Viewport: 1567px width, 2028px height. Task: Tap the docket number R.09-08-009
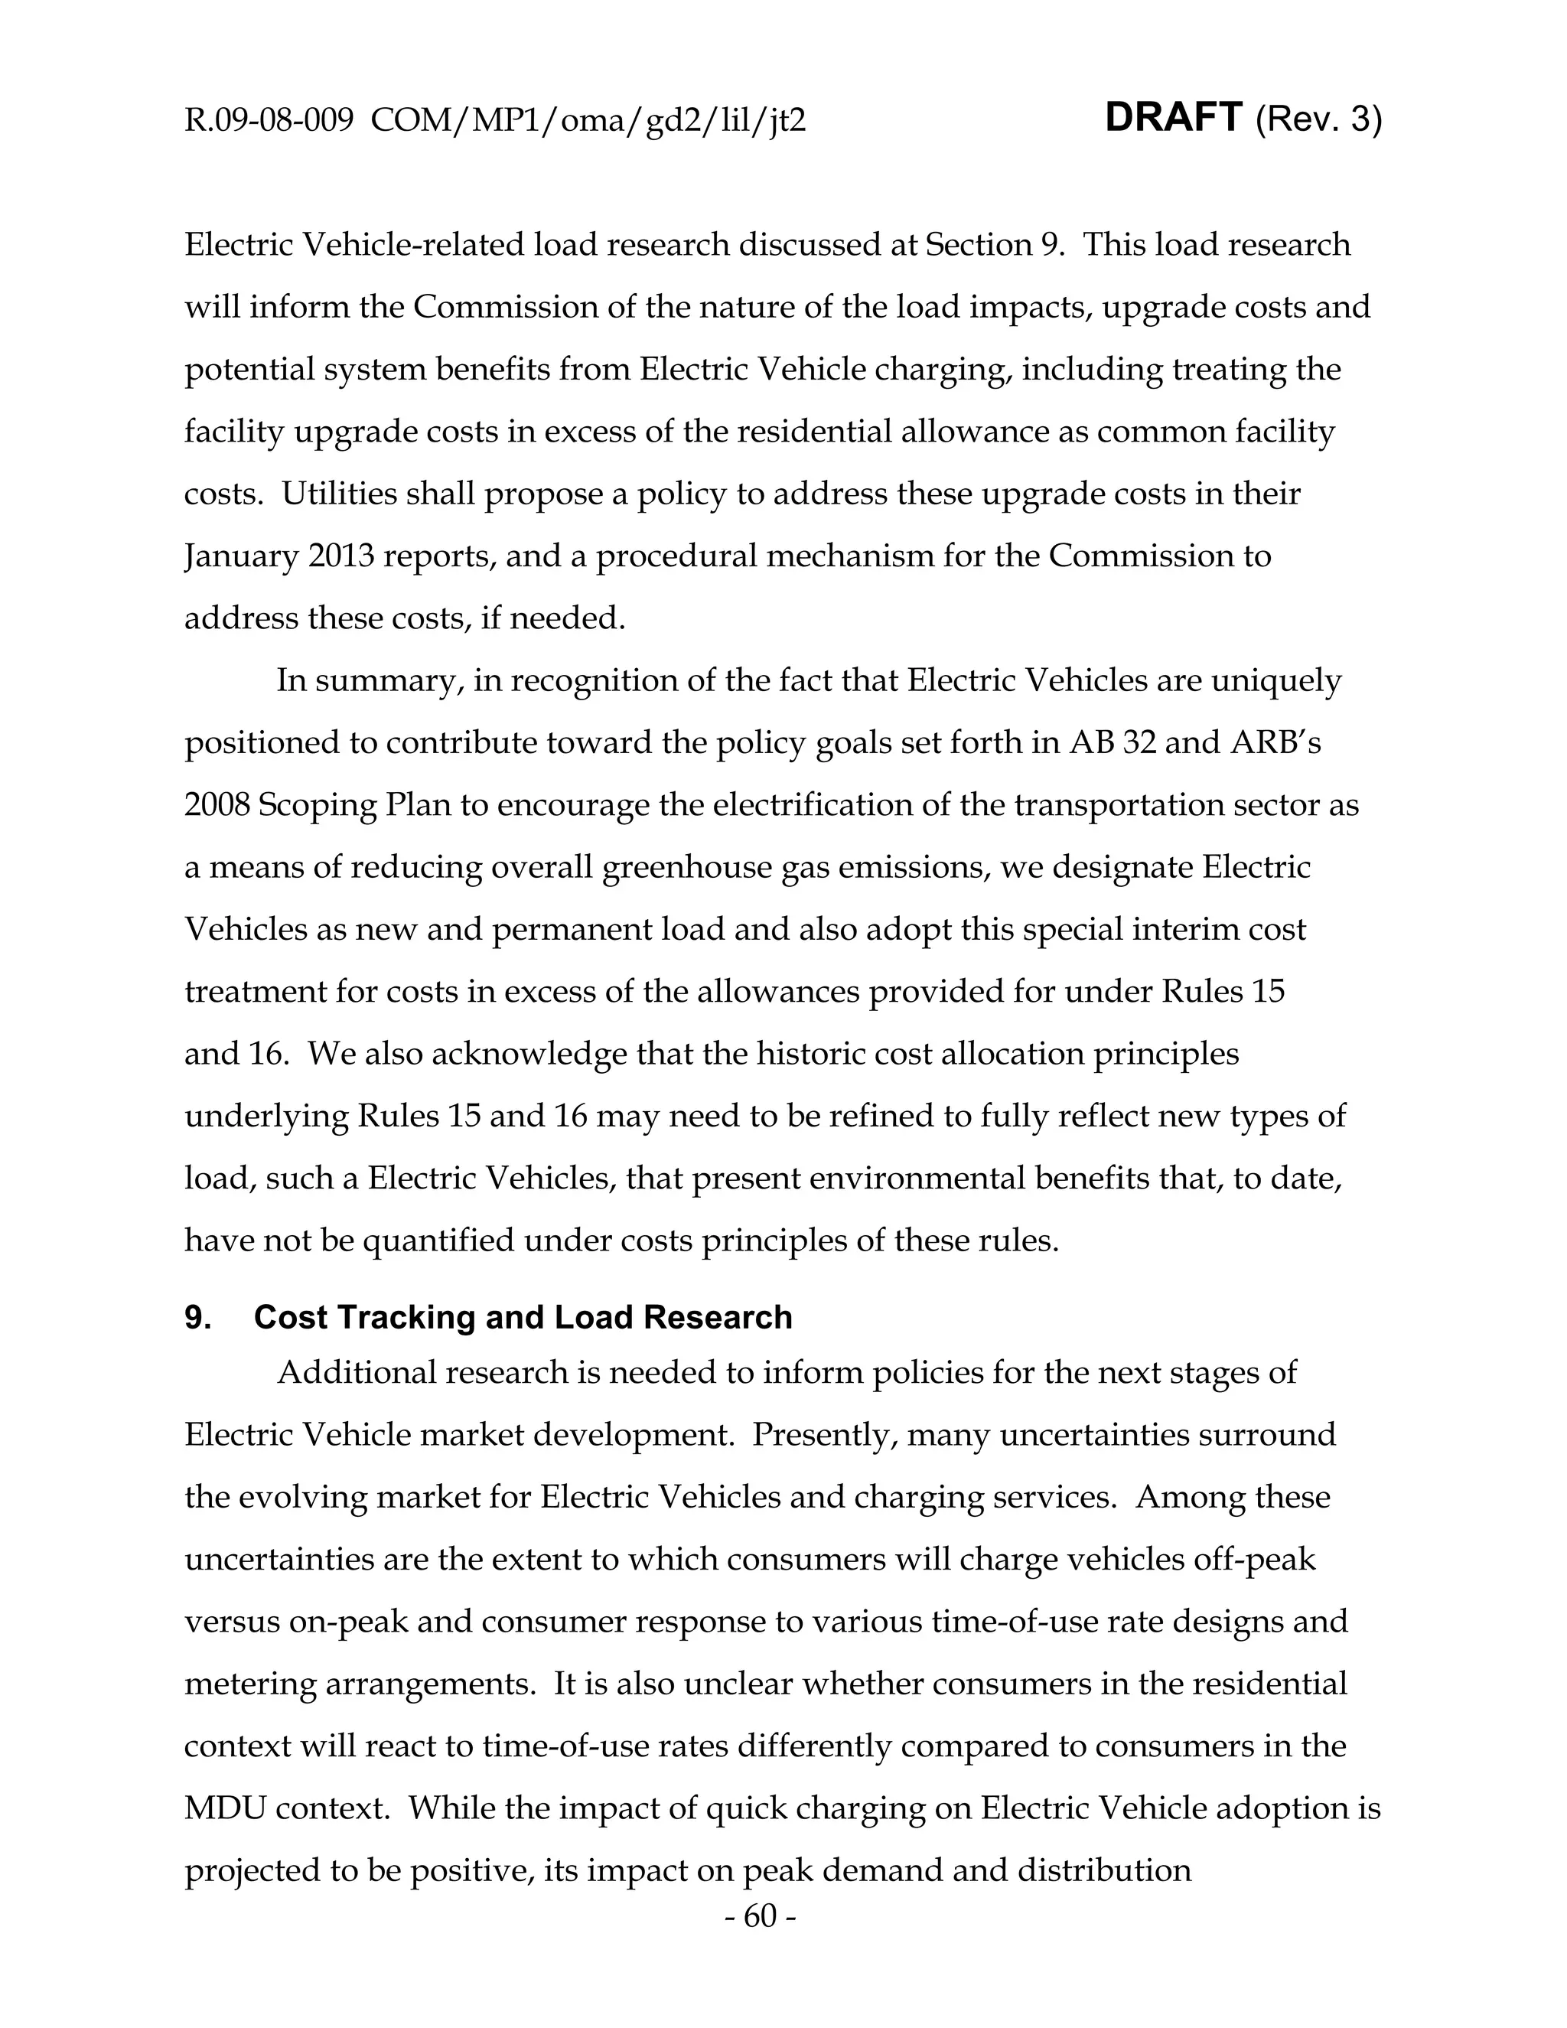point(269,121)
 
